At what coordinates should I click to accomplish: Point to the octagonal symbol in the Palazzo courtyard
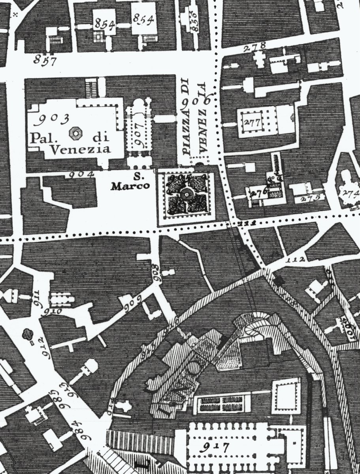[x=74, y=133]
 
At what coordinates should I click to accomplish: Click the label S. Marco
[x=131, y=182]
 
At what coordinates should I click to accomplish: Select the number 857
[x=45, y=60]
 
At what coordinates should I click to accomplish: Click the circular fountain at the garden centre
[x=185, y=194]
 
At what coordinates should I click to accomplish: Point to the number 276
[x=259, y=192]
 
